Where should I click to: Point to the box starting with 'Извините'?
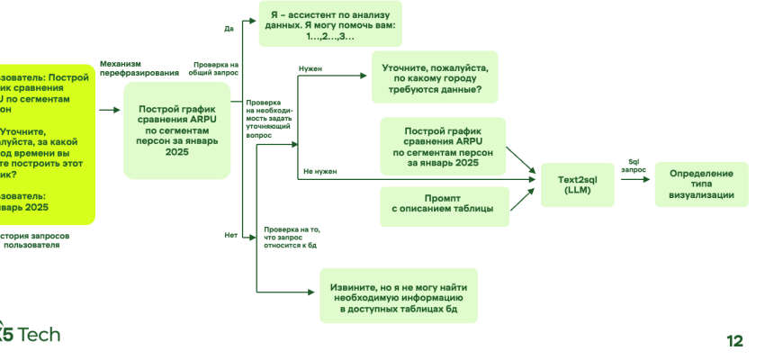tap(399, 296)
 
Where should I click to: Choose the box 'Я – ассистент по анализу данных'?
tap(329, 24)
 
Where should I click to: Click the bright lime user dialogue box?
tap(45, 144)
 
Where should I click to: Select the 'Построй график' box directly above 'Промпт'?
tap(442, 145)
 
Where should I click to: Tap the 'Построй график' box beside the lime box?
tap(177, 130)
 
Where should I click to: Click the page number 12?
tap(734, 340)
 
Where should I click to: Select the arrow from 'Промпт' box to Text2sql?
tap(524, 198)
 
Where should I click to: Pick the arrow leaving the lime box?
tap(109, 111)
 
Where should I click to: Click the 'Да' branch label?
tap(228, 29)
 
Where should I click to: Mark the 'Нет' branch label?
tap(229, 236)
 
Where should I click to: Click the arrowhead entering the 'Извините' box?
tap(315, 291)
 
